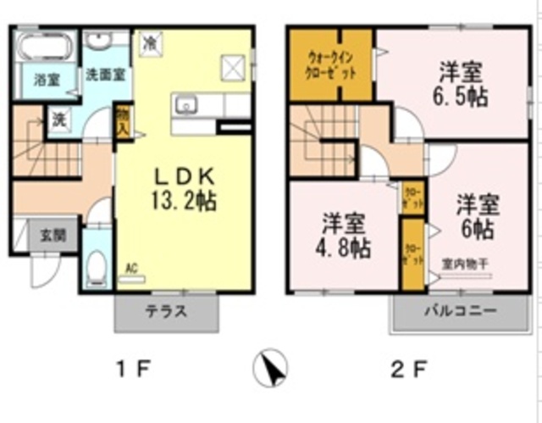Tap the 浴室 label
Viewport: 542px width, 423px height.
[46, 81]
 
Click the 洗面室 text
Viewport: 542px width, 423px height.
[105, 75]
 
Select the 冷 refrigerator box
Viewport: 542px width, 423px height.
[149, 40]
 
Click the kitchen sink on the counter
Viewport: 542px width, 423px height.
[185, 105]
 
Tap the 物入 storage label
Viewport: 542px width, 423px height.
[123, 121]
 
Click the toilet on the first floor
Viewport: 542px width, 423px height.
[97, 266]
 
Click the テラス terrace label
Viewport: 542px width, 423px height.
[163, 310]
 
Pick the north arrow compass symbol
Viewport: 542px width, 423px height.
[271, 368]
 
